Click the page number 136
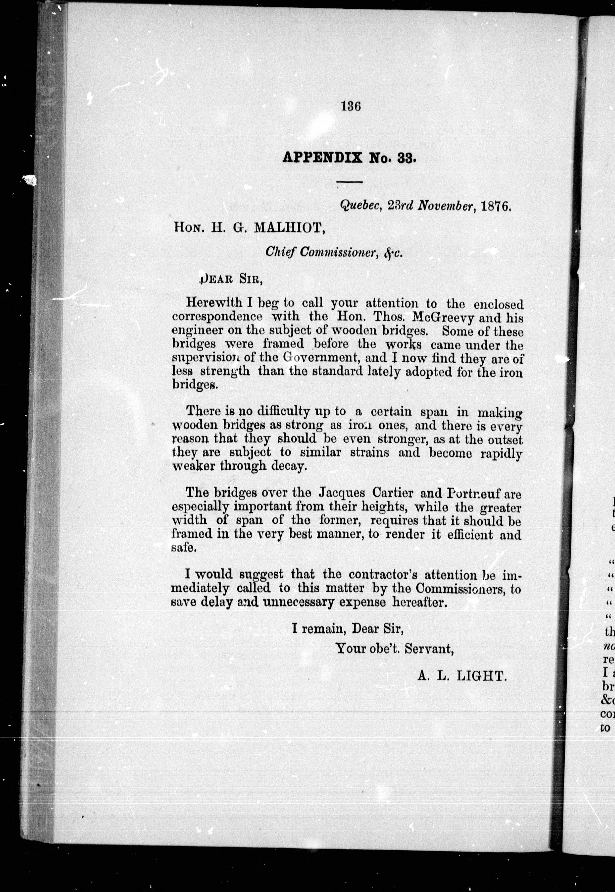(x=351, y=106)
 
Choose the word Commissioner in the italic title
(x=338, y=252)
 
